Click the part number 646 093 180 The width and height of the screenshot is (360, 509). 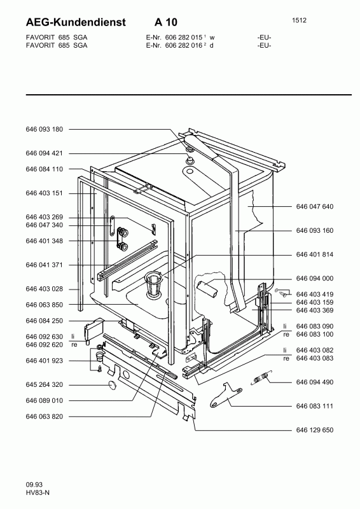(44, 129)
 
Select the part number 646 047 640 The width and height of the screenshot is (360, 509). (315, 206)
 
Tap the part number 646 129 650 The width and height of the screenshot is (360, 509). (315, 430)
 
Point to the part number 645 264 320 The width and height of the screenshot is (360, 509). (44, 385)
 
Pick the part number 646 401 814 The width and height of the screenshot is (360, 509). (315, 254)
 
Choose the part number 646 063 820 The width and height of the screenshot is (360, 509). (44, 417)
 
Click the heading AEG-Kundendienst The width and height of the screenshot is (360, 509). (76, 22)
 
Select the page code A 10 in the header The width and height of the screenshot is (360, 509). (166, 22)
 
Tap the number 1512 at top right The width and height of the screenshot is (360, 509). (299, 20)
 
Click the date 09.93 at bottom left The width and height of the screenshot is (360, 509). (34, 485)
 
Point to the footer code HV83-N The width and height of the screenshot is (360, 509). (38, 492)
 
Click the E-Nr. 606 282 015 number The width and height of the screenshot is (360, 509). (184, 38)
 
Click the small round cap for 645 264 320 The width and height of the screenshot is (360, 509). (112, 385)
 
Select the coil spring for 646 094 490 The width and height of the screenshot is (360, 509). (261, 377)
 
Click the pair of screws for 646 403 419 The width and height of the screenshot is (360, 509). (281, 292)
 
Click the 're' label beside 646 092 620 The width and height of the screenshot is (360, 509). (74, 345)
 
